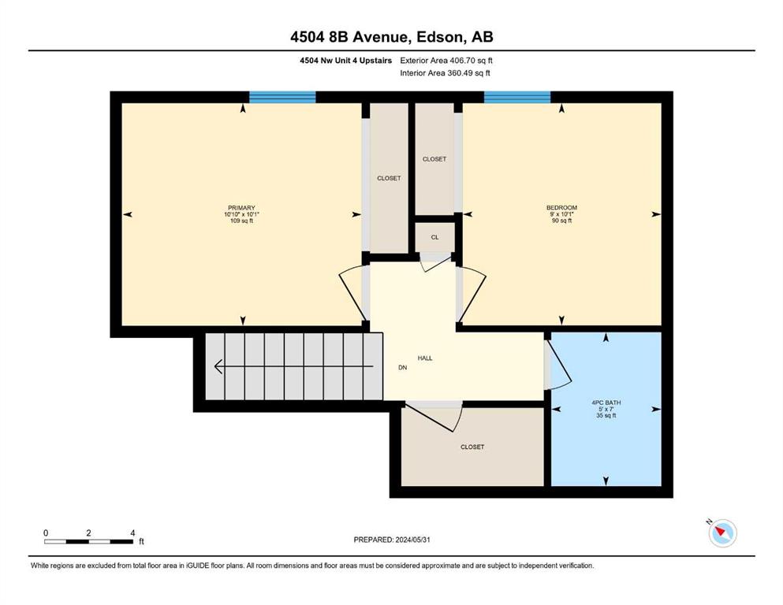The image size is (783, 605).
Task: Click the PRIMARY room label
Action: pyautogui.click(x=241, y=208)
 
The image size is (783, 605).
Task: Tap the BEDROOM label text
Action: pyautogui.click(x=561, y=207)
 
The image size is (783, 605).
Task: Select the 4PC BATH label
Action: pyautogui.click(x=606, y=403)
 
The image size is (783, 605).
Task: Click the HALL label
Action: pyautogui.click(x=425, y=358)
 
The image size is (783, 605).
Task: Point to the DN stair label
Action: pyautogui.click(x=402, y=368)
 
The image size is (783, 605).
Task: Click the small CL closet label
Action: pyautogui.click(x=435, y=237)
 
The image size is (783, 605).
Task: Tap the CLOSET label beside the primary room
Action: pyautogui.click(x=389, y=178)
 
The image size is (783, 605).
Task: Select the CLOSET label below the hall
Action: pyautogui.click(x=472, y=447)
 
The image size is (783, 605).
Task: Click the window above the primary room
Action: pyautogui.click(x=282, y=97)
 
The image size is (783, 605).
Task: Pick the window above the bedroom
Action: pyautogui.click(x=517, y=97)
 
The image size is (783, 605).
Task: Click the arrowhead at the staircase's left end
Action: pyautogui.click(x=218, y=366)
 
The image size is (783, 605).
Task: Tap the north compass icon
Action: pyautogui.click(x=722, y=533)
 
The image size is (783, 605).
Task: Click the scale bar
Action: pyautogui.click(x=88, y=541)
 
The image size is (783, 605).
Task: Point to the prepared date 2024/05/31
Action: pyautogui.click(x=412, y=540)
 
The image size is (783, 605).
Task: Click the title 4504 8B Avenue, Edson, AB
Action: pyautogui.click(x=392, y=37)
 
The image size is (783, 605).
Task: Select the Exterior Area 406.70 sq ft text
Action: pyautogui.click(x=446, y=61)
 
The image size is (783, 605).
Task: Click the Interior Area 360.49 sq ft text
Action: pyautogui.click(x=445, y=73)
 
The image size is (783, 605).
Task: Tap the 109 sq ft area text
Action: pyautogui.click(x=242, y=221)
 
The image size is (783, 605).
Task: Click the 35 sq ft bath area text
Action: pyautogui.click(x=606, y=415)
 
